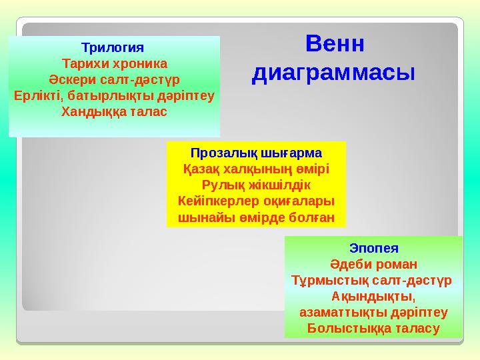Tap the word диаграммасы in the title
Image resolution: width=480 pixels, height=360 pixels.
(333, 71)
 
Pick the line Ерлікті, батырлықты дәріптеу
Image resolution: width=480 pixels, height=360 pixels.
(114, 95)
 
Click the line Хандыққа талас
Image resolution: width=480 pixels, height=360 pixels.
(114, 111)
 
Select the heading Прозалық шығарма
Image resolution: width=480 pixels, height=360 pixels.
(256, 153)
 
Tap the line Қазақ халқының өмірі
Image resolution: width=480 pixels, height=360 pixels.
(256, 169)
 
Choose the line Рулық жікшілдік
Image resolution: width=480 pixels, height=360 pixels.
(256, 185)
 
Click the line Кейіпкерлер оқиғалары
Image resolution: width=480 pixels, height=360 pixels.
(256, 201)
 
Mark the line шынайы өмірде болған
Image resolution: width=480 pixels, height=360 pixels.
(256, 217)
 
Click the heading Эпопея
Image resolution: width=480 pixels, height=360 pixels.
(373, 247)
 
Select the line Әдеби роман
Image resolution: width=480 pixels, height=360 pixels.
(373, 263)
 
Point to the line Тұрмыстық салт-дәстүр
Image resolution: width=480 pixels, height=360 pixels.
(373, 279)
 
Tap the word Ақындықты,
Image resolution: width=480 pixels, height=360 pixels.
(373, 295)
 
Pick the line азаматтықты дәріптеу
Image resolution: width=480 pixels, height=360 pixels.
(373, 311)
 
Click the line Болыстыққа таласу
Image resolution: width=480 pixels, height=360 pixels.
(373, 328)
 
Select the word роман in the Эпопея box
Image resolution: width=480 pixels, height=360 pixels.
(395, 263)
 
